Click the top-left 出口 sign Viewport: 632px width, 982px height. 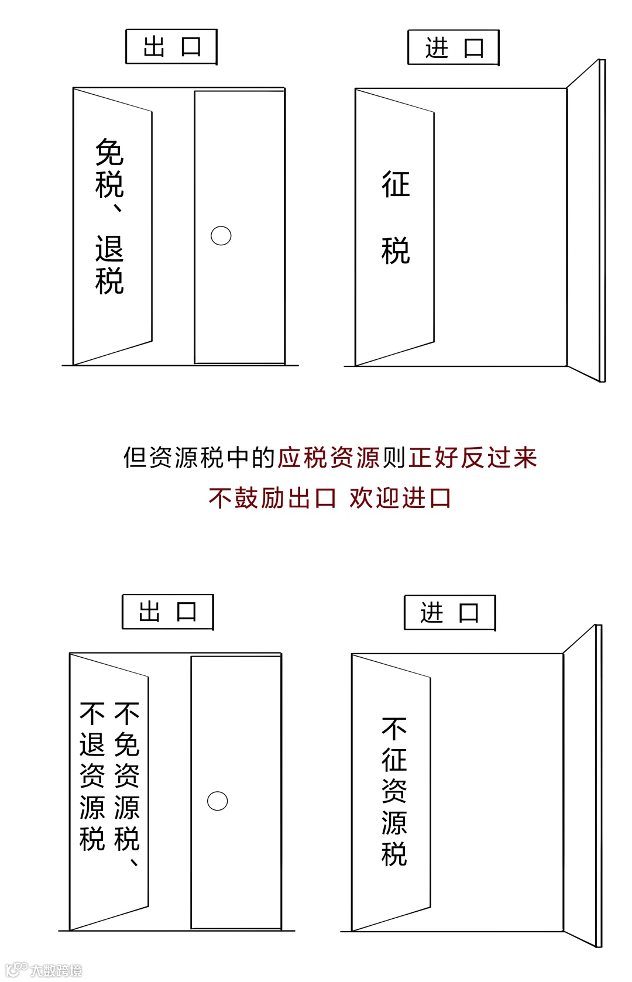(x=171, y=47)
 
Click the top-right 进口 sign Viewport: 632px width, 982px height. (x=454, y=48)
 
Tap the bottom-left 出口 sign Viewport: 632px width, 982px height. (x=168, y=612)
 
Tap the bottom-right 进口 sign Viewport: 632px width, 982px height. (x=450, y=613)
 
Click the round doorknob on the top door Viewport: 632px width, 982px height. (x=221, y=236)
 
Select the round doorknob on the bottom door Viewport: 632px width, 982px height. (x=217, y=801)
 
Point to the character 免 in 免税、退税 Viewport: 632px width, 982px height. (x=109, y=152)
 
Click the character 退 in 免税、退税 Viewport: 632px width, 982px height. (x=109, y=249)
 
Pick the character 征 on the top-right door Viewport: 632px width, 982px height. (x=396, y=184)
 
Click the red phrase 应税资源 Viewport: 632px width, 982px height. (x=329, y=458)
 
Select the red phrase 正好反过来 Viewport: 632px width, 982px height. (x=473, y=458)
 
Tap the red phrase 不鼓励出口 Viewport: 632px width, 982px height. (x=272, y=498)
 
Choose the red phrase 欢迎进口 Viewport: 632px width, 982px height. (x=400, y=498)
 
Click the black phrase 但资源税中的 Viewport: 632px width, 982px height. (x=199, y=458)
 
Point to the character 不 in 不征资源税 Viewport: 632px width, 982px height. (x=394, y=729)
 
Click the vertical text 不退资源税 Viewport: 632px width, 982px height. (x=92, y=776)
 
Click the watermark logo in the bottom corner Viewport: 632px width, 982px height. (x=44, y=970)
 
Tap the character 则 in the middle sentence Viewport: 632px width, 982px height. (x=394, y=458)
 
